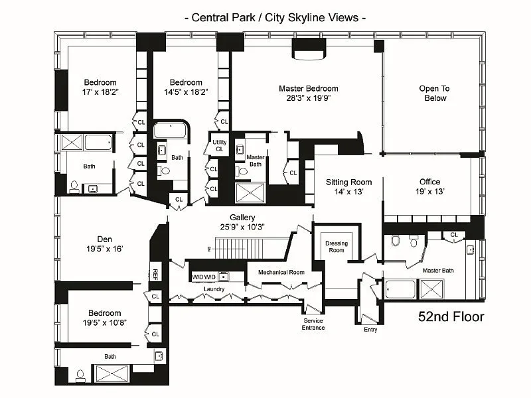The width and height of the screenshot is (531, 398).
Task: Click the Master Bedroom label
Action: pos(309,89)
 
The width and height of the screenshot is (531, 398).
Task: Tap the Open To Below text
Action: pos(435,94)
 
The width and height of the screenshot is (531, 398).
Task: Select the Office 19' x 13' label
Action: pos(429,186)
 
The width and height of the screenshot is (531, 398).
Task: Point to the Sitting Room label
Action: pos(349,182)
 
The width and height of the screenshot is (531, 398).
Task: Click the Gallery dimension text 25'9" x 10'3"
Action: pos(242,227)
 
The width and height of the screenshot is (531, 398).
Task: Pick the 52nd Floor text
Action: pos(451,317)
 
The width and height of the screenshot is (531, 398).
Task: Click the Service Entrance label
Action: pos(313,324)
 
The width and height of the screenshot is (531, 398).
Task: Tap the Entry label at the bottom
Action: pos(370,330)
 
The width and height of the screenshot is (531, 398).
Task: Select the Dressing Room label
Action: pos(337,247)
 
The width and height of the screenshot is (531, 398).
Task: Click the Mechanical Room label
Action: pos(281,273)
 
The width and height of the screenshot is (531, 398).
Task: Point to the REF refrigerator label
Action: pos(155,274)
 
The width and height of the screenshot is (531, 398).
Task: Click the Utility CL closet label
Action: pos(220,145)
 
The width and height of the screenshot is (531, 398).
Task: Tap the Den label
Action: pos(104,239)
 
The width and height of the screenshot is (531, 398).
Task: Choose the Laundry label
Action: pos(214,289)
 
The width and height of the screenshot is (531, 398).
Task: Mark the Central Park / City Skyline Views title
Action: pos(275,18)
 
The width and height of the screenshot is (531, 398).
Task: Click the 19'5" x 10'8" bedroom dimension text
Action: pos(105,323)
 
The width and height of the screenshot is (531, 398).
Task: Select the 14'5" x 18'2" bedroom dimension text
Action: pos(186,92)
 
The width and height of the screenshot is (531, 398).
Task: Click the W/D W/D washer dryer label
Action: pos(204,277)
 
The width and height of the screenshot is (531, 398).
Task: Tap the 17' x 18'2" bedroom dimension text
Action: pos(100,92)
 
